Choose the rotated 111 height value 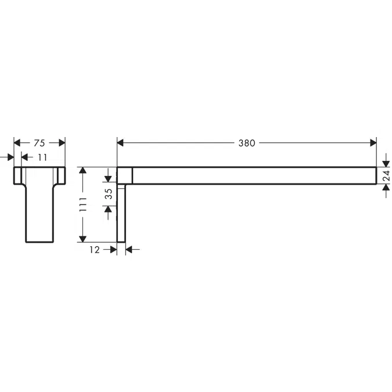83,204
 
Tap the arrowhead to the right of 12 130,250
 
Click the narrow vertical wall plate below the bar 121,215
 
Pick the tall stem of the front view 39,215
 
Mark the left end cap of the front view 19,175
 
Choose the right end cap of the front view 61,175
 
